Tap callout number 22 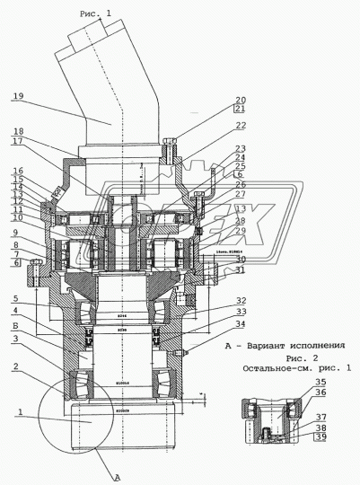[241, 126]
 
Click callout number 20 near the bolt [241, 100]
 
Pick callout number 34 [241, 324]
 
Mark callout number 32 [241, 301]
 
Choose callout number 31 [240, 269]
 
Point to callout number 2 [16, 367]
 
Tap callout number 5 [16, 299]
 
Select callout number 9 [16, 233]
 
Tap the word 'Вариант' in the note [263, 345]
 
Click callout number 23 [241, 148]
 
